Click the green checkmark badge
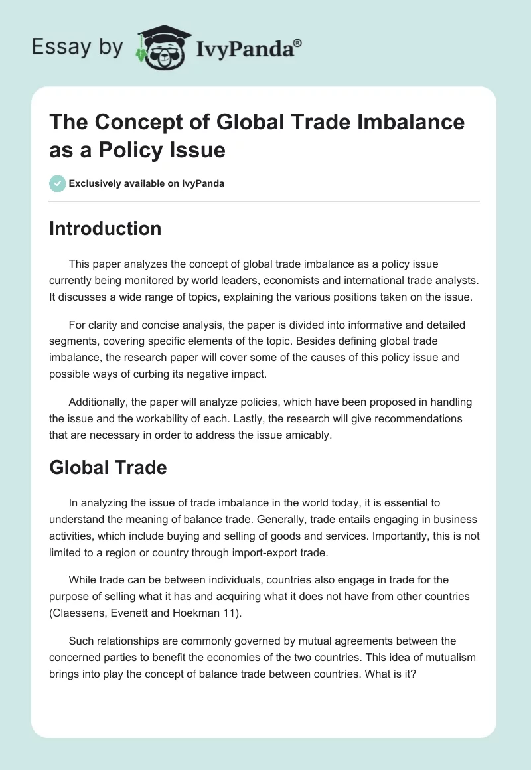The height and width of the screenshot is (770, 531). tap(58, 183)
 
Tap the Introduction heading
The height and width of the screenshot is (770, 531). tap(105, 228)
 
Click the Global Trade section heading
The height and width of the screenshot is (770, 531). tap(108, 467)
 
